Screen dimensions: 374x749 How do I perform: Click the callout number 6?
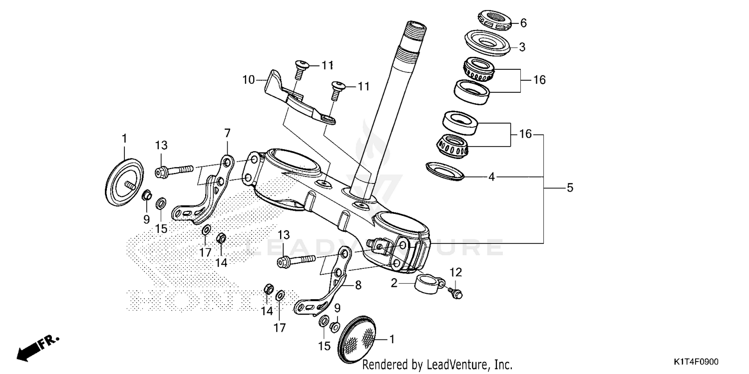point(523,23)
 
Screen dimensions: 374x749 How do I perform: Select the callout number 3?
point(522,47)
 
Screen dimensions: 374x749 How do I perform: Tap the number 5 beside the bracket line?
point(570,188)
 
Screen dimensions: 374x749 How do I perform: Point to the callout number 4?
point(491,177)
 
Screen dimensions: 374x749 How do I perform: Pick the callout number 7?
point(227,133)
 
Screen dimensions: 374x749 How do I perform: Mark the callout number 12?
point(456,272)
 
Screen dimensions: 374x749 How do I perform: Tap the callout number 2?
point(394,283)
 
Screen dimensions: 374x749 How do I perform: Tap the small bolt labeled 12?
point(455,294)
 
